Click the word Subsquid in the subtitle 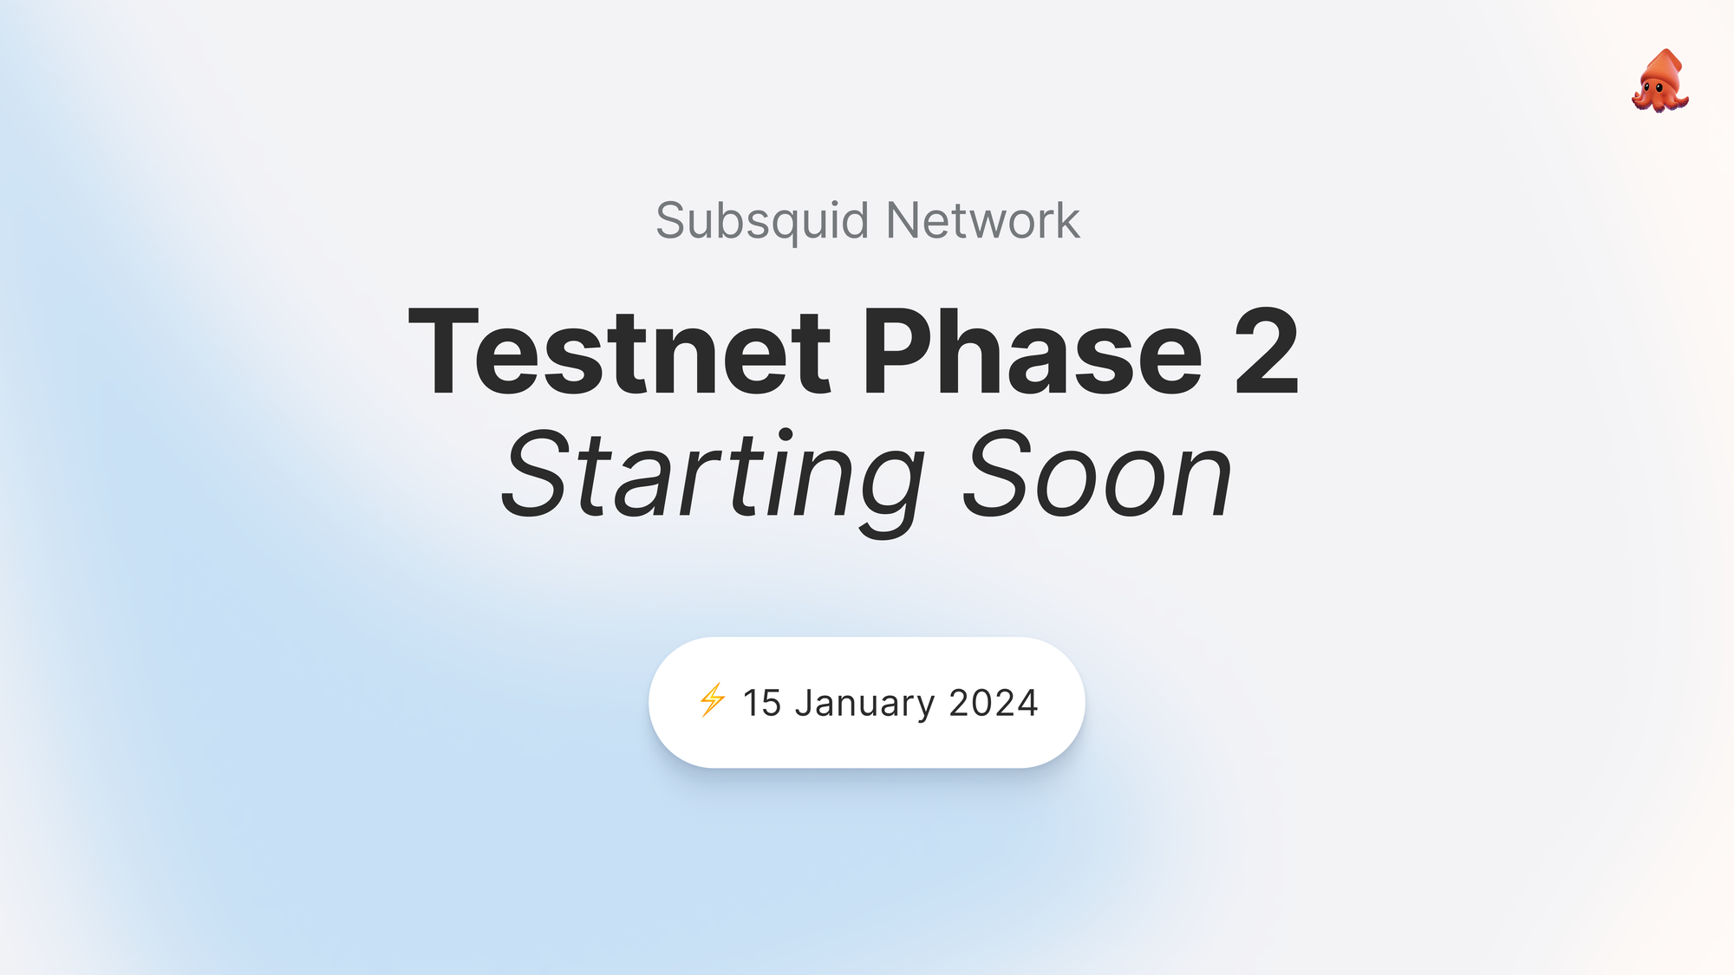(x=761, y=221)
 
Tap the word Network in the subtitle (x=982, y=221)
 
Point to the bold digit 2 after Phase (x=1266, y=353)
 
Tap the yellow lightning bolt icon (x=712, y=700)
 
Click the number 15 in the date (x=762, y=703)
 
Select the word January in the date (x=864, y=703)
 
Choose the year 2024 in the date (x=994, y=703)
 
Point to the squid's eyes (x=1653, y=87)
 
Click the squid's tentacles (x=1659, y=103)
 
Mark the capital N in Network (x=905, y=221)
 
